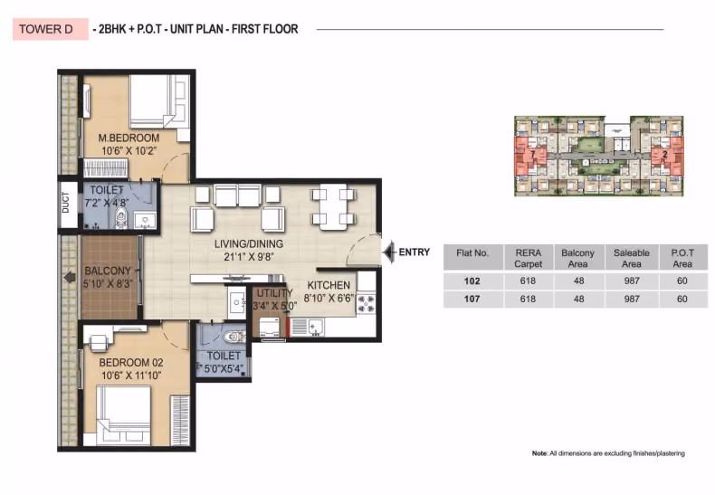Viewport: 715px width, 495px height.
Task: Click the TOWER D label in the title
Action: pyautogui.click(x=46, y=29)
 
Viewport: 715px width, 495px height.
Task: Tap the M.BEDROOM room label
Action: pyautogui.click(x=129, y=138)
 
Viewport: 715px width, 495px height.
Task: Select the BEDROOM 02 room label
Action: pyautogui.click(x=131, y=363)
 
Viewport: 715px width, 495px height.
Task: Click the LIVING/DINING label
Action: pyautogui.click(x=249, y=243)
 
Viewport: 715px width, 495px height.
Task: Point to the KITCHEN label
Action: pyautogui.click(x=329, y=285)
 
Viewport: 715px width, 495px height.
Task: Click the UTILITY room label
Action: pyautogui.click(x=274, y=293)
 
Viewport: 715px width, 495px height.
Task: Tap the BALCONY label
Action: pyautogui.click(x=108, y=271)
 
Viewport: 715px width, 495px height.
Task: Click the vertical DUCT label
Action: pyautogui.click(x=66, y=203)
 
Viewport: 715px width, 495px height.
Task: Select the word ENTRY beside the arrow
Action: pyautogui.click(x=414, y=252)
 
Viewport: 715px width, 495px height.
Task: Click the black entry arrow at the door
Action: pyautogui.click(x=389, y=252)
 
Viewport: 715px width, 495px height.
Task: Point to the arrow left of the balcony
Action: pyautogui.click(x=70, y=277)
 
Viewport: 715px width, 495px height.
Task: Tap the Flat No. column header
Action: pyautogui.click(x=472, y=253)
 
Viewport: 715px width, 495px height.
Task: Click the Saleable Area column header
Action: pyautogui.click(x=632, y=259)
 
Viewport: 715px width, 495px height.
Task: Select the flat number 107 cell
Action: pyautogui.click(x=472, y=299)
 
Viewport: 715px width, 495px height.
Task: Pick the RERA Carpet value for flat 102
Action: pyautogui.click(x=528, y=281)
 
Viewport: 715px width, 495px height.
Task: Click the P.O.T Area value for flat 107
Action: pyautogui.click(x=682, y=299)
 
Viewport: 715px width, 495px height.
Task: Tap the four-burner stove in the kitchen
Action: pyautogui.click(x=366, y=303)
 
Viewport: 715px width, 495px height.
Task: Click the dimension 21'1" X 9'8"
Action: pyautogui.click(x=249, y=257)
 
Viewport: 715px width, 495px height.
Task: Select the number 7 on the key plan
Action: pyautogui.click(x=532, y=155)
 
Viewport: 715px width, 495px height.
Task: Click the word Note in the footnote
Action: pyautogui.click(x=539, y=453)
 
